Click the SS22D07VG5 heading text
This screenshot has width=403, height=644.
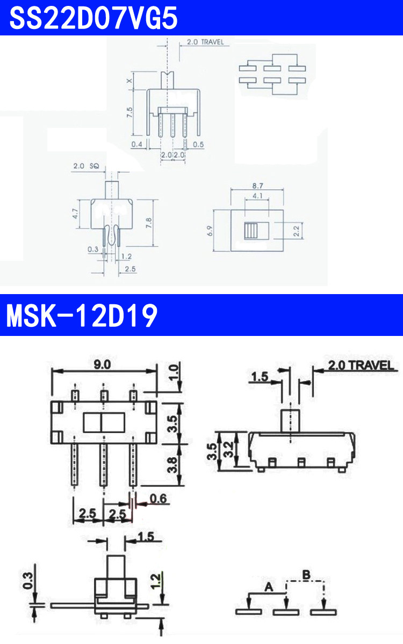(x=93, y=18)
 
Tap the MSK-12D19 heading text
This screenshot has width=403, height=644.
(x=82, y=316)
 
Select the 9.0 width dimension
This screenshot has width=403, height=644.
(x=102, y=364)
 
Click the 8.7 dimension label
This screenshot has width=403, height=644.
(x=257, y=186)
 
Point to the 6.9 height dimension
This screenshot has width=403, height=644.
(x=210, y=231)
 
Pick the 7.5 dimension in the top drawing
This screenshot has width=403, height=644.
(x=129, y=112)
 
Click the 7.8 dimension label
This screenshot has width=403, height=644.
(x=148, y=223)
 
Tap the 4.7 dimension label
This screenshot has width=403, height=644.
(x=75, y=214)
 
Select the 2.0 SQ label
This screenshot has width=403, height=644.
(x=86, y=166)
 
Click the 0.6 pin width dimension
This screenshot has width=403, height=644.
(x=159, y=499)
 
